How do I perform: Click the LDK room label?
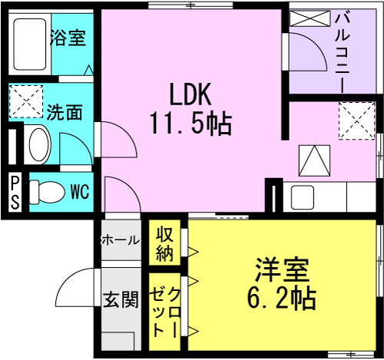pos(191,94)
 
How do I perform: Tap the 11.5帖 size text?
pos(191,124)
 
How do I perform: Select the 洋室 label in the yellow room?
pos(283,270)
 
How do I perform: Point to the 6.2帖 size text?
pos(282,298)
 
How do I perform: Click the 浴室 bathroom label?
pos(68,38)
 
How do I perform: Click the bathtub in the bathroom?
pos(30,45)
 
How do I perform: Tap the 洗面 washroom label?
pos(65,112)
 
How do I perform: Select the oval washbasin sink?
pos(39,144)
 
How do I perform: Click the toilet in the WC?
pos(47,192)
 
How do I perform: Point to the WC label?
pos(80,192)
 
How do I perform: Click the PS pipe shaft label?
pos(15,193)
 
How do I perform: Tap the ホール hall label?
pos(120,240)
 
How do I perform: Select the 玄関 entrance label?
pos(121,299)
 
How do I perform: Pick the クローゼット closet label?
pos(165,312)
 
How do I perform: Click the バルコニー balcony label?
pos(343,52)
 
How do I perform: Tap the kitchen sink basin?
pos(303,197)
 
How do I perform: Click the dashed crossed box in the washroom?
pos(26,101)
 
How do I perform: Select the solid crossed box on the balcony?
pos(310,18)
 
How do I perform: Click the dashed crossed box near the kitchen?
pos(356,121)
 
